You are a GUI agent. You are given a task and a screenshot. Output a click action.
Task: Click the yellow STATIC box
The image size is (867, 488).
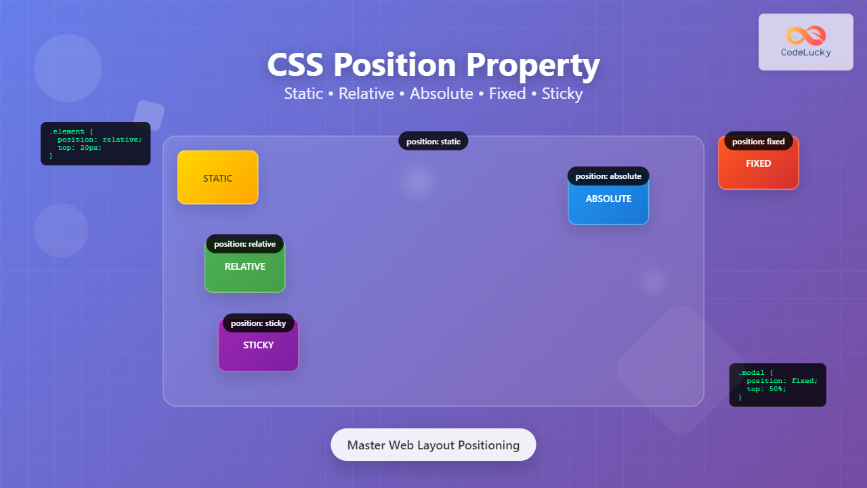(x=217, y=178)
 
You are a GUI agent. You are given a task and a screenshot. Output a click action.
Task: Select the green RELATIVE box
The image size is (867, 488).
(x=245, y=270)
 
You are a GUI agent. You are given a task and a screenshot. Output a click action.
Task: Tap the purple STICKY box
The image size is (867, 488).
(x=258, y=348)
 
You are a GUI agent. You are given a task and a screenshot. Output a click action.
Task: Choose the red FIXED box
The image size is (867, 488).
(x=758, y=167)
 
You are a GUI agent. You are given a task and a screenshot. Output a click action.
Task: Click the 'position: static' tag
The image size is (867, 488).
(x=433, y=142)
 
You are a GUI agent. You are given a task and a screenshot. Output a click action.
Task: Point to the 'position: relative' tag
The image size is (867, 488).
(x=245, y=244)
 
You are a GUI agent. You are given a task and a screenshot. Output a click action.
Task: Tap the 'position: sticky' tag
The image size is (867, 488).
(x=258, y=323)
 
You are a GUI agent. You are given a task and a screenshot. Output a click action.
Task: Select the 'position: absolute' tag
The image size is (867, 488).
(x=608, y=176)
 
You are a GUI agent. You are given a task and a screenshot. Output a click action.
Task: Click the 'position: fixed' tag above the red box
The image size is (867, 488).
(x=758, y=142)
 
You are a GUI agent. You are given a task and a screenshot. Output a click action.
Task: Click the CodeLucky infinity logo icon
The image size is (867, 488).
(x=806, y=35)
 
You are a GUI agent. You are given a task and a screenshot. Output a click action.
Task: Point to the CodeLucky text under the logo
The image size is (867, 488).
(x=806, y=52)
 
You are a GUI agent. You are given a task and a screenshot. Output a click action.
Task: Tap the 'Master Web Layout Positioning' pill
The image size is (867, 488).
(x=433, y=445)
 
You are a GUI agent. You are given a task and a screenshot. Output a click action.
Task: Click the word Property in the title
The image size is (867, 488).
(x=532, y=66)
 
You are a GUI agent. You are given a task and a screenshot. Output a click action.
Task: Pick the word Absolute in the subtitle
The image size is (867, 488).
(x=442, y=94)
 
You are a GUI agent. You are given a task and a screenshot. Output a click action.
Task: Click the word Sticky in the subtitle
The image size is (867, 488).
(x=562, y=94)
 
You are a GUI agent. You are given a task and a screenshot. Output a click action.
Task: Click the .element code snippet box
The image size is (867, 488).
(x=96, y=144)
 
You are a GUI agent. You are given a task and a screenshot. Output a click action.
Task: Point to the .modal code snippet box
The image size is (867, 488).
(x=778, y=385)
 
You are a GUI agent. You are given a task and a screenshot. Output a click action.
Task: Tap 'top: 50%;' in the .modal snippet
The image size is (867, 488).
(x=766, y=389)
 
